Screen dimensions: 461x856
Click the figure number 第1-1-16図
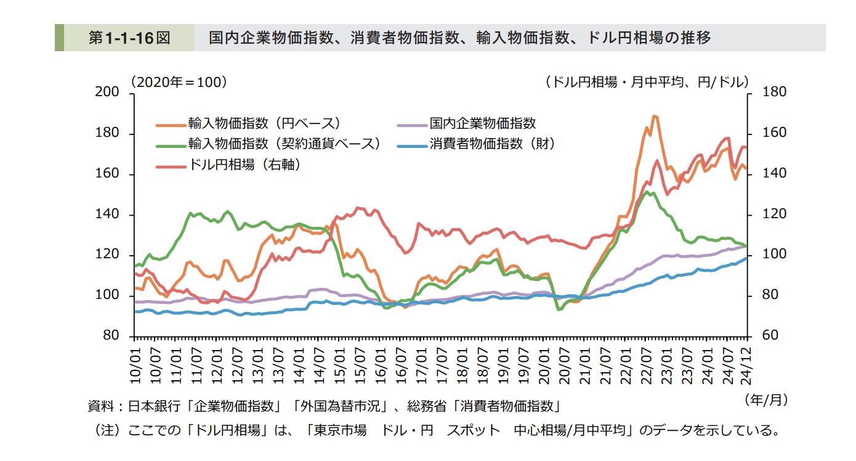pyautogui.click(x=129, y=38)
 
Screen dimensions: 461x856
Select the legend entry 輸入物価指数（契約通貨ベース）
pyautogui.click(x=284, y=144)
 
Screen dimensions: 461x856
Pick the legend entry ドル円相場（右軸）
pyautogui.click(x=245, y=165)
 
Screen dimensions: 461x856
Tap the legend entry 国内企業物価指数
pyautogui.click(x=482, y=123)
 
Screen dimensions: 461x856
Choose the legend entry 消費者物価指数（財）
pyautogui.click(x=492, y=144)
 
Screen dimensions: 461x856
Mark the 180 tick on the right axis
pyautogui.click(x=774, y=92)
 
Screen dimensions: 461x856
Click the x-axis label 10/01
pyautogui.click(x=135, y=367)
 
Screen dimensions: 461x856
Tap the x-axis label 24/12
pyautogui.click(x=747, y=367)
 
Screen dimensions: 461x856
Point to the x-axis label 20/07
pyautogui.click(x=564, y=367)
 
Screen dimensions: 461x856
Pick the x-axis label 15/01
pyautogui.click(x=339, y=367)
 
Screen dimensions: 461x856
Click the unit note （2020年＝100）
pyautogui.click(x=179, y=81)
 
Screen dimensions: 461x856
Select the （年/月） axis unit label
pyautogui.click(x=766, y=400)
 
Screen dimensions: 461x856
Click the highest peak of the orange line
pyautogui.click(x=654, y=116)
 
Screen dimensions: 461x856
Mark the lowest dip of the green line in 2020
pyautogui.click(x=559, y=309)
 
